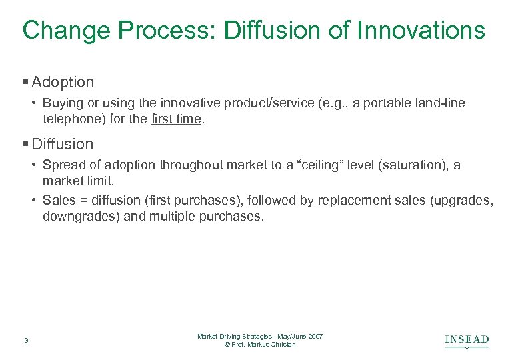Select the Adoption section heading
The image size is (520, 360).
coord(63,83)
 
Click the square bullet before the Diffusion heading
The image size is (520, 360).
coord(26,144)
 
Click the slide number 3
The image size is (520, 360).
coord(25,341)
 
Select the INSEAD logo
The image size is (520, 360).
coord(467,341)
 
